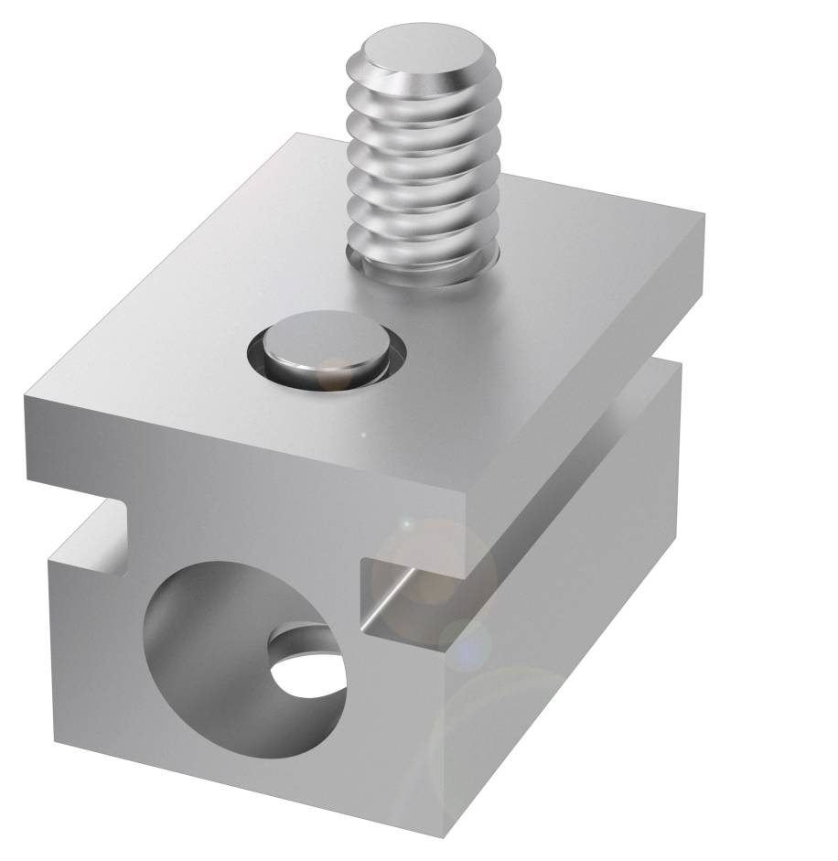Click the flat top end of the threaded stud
pyautogui.click(x=422, y=50)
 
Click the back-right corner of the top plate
pyautogui.click(x=703, y=216)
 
